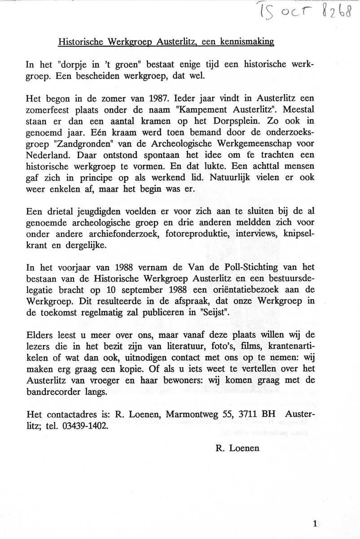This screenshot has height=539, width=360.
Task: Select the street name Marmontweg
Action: [x=184, y=414]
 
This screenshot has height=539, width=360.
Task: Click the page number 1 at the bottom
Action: [x=316, y=522]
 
